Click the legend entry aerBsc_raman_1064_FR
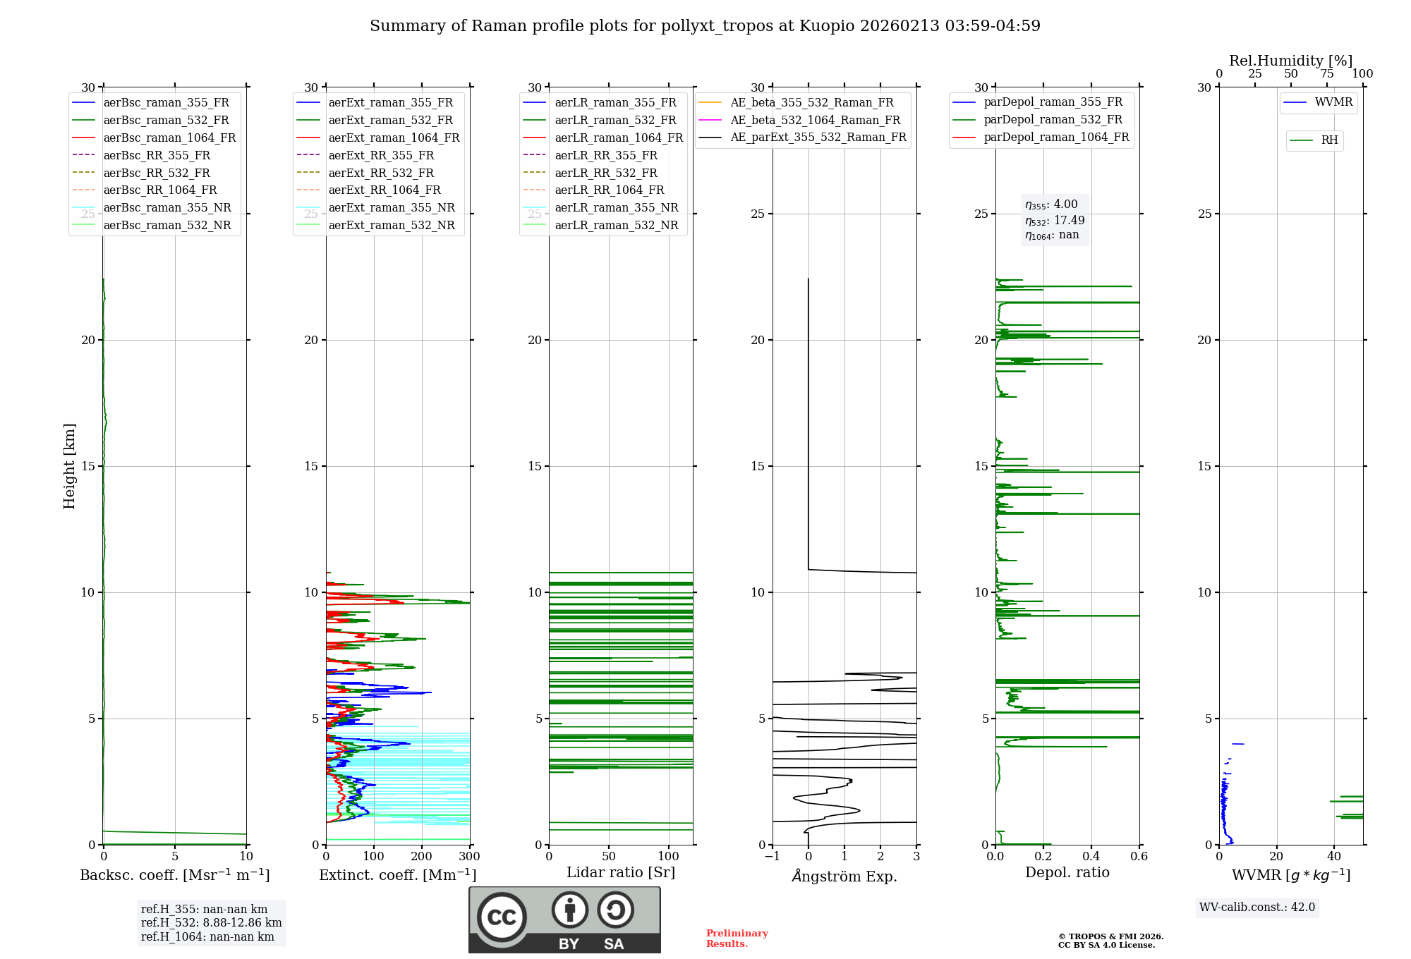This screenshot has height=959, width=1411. click(x=169, y=138)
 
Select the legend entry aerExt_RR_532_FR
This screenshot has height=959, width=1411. click(x=381, y=173)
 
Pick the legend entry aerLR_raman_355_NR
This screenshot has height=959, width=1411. click(x=616, y=208)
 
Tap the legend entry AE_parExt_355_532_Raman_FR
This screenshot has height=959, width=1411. click(x=818, y=138)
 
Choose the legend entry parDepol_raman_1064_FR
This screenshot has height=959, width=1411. click(x=1056, y=138)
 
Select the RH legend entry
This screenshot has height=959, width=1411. click(x=1329, y=141)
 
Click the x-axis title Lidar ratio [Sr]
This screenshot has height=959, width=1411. click(x=621, y=873)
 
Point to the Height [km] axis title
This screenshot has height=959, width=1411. click(x=69, y=466)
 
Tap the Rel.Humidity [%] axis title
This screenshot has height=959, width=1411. click(x=1290, y=61)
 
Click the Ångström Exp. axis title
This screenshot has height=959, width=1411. click(x=844, y=876)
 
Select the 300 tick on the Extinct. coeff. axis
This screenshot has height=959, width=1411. click(x=469, y=857)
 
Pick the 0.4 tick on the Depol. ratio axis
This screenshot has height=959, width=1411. click(x=1091, y=857)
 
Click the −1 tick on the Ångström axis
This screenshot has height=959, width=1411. click(x=772, y=857)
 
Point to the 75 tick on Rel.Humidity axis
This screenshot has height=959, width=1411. click(x=1327, y=74)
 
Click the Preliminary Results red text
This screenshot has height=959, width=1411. click(x=737, y=939)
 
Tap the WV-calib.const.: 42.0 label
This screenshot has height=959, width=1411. click(x=1257, y=908)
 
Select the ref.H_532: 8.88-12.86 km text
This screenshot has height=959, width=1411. click(x=211, y=923)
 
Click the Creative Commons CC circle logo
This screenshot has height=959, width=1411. click(x=502, y=917)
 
